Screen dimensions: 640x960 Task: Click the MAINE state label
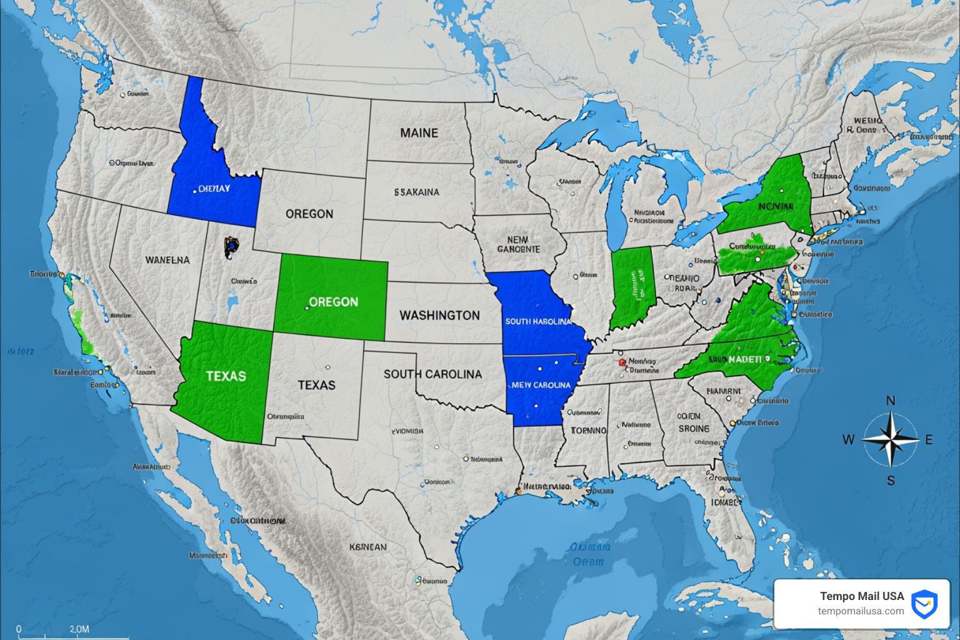419,133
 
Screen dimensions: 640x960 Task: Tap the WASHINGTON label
440,316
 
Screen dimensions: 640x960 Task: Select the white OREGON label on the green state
334,302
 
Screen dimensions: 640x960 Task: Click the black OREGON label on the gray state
309,214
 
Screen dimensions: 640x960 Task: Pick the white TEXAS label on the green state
226,376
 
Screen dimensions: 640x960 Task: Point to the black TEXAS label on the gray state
316,385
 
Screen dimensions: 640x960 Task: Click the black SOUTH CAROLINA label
432,374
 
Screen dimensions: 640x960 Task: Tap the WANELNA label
167,260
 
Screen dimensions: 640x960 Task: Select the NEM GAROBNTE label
518,244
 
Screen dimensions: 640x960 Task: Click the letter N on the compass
891,401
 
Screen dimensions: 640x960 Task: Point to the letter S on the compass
891,481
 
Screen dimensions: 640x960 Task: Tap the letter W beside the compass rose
848,440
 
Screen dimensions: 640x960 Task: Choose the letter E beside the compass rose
929,440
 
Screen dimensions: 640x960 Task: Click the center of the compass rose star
891,440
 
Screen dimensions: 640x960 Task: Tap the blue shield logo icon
924,604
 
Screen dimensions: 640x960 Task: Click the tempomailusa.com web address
861,611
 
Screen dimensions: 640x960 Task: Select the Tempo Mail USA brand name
862,596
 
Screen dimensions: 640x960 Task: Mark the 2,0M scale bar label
79,629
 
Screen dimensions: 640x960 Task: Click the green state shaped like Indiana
632,286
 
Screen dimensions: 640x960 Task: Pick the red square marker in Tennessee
622,362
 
